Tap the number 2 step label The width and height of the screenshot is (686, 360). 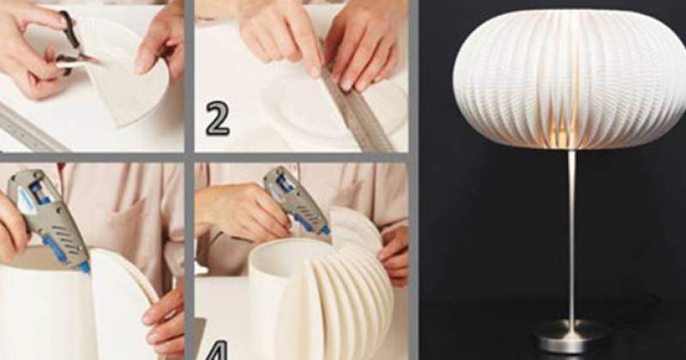(x=218, y=118)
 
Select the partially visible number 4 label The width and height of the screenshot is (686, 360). (x=217, y=351)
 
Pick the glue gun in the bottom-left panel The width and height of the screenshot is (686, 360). (x=48, y=219)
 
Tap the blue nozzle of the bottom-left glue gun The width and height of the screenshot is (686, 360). (x=84, y=267)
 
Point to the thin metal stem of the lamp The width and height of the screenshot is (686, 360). (x=571, y=237)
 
